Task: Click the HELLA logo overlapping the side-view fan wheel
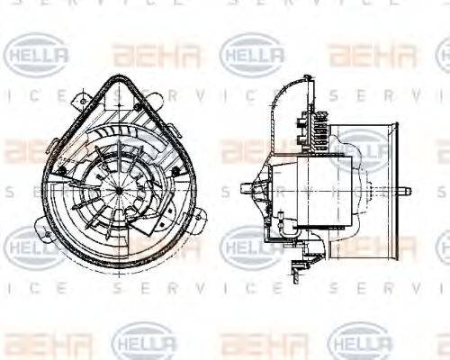coord(360,148)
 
